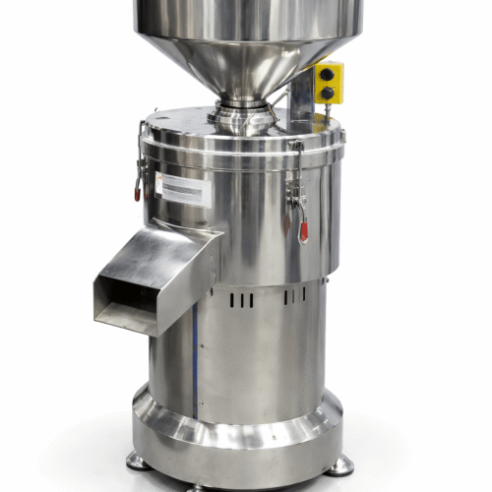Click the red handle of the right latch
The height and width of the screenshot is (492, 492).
(303, 231)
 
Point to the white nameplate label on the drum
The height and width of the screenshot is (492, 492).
(182, 188)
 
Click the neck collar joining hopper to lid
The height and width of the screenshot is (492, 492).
(242, 115)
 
